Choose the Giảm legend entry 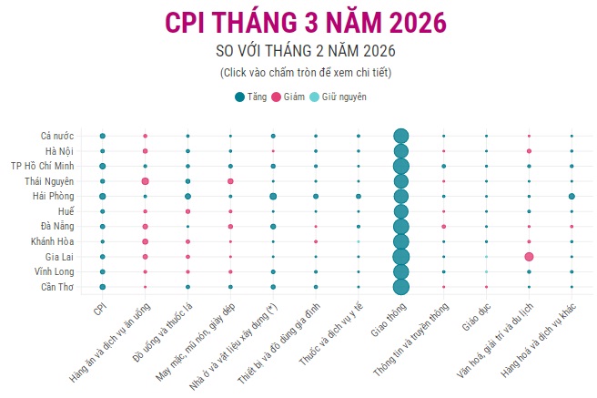coord(288,97)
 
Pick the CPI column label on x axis coord(97,310)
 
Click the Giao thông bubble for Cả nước coord(400,136)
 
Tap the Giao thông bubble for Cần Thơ coord(400,287)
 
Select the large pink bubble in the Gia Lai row coord(529,257)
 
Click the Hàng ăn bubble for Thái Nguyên coord(145,181)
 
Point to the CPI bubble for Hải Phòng coord(103,196)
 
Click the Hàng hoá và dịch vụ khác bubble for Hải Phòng coord(572,196)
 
